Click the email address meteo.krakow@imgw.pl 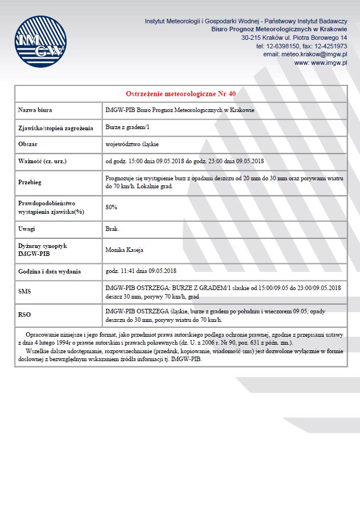[x=305, y=55]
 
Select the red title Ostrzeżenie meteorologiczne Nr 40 [x=180, y=93]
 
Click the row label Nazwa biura [x=35, y=110]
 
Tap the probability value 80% [x=111, y=207]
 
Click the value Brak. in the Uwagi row [x=112, y=229]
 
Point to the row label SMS [x=24, y=291]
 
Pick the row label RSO [x=24, y=314]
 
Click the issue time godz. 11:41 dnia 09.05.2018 [x=141, y=271]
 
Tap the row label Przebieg [x=30, y=182]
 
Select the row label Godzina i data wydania [x=49, y=271]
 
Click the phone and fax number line [x=301, y=46]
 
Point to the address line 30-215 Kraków [x=294, y=38]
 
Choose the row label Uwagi [x=27, y=229]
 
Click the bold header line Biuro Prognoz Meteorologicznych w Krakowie [x=279, y=29]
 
